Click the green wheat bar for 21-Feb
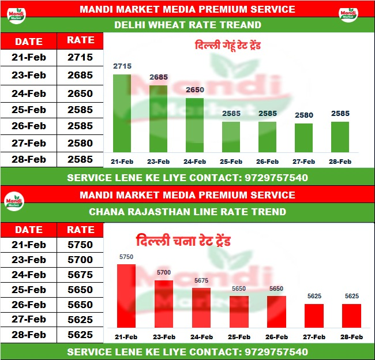[122, 113]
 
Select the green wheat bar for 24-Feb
[194, 125]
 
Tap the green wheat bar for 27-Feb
[303, 137]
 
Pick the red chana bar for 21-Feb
[126, 295]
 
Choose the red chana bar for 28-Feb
[351, 315]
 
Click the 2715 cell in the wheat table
[80, 57]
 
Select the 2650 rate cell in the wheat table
[80, 93]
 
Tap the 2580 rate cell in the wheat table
[80, 142]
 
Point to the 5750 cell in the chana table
[80, 245]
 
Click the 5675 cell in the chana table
[80, 275]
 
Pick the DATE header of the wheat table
[28, 41]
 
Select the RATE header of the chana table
[80, 229]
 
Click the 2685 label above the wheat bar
[159, 77]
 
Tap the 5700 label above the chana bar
[164, 272]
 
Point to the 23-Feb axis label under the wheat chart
[159, 162]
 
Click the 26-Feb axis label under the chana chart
[276, 337]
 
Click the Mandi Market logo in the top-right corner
[348, 14]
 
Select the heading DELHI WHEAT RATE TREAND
[187, 25]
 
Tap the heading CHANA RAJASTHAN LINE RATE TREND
[187, 212]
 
